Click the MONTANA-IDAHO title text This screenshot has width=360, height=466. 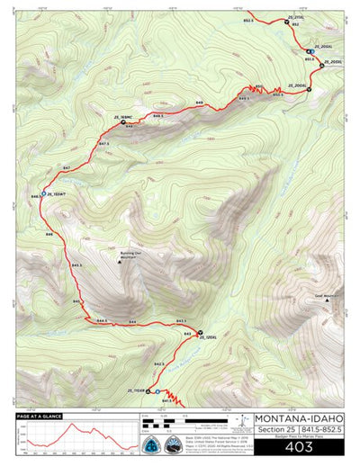[x=298, y=418]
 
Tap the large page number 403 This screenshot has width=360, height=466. [x=298, y=445]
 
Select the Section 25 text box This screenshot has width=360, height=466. [x=274, y=431]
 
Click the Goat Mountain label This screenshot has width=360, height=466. [x=328, y=293]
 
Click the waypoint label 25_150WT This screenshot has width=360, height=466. [x=55, y=193]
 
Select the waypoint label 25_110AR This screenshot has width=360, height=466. [x=137, y=390]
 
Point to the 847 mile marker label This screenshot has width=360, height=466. [x=66, y=168]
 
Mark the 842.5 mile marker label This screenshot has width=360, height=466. [x=159, y=363]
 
